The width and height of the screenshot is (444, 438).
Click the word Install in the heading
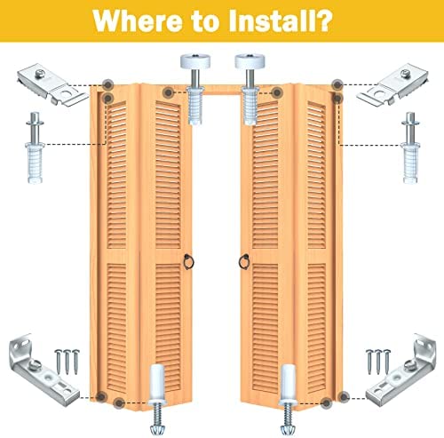click(270, 20)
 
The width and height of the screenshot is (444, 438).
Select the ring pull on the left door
click(188, 262)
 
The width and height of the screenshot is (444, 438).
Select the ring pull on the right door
click(244, 261)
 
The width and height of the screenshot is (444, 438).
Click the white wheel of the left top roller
click(195, 60)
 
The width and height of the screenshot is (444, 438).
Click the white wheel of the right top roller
click(250, 60)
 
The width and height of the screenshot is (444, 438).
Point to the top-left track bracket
click(52, 84)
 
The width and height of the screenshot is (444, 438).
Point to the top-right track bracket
click(392, 84)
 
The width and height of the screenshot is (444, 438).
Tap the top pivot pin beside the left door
click(36, 147)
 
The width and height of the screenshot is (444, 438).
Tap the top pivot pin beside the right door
click(410, 147)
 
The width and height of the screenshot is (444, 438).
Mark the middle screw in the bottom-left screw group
click(67, 362)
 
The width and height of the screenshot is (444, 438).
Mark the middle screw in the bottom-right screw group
click(378, 362)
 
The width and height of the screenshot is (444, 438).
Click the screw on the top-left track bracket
click(41, 74)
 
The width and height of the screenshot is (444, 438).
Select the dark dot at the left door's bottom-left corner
click(101, 396)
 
